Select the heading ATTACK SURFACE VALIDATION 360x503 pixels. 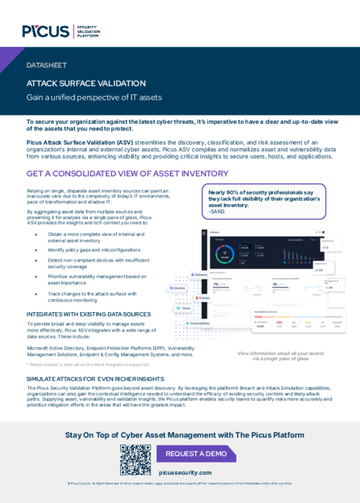tap(86, 83)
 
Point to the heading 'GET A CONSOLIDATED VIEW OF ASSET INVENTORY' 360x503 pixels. tap(117, 174)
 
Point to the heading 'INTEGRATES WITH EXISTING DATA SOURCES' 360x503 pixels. tap(89, 314)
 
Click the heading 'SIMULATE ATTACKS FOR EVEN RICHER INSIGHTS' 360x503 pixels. tap(95, 378)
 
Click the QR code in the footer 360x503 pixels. tap(133, 458)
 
